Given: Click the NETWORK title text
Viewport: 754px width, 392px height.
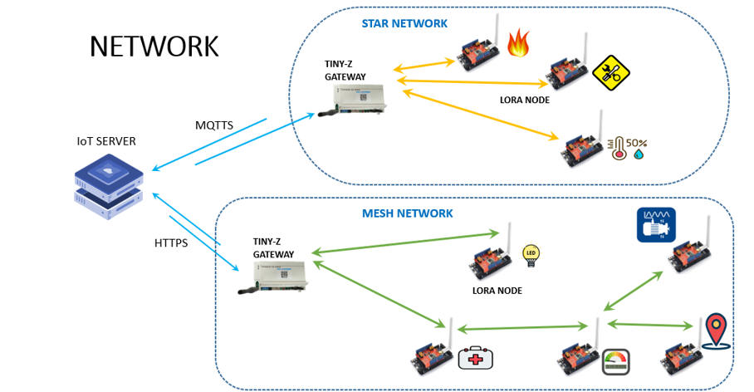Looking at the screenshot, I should pos(154,47).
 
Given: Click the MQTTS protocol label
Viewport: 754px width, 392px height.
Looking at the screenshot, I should pos(214,125).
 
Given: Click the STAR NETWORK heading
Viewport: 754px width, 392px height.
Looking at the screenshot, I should pos(404,23).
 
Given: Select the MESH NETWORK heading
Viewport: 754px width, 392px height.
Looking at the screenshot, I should pos(408,213).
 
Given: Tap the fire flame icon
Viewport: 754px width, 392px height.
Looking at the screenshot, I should pos(518,42).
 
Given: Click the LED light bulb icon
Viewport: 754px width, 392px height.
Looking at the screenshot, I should pos(530,255).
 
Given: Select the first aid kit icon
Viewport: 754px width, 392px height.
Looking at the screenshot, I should pos(476,358).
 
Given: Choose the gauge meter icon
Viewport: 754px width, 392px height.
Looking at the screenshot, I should pos(615,361).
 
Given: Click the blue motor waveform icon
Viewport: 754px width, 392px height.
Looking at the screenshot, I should pos(655,225).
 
